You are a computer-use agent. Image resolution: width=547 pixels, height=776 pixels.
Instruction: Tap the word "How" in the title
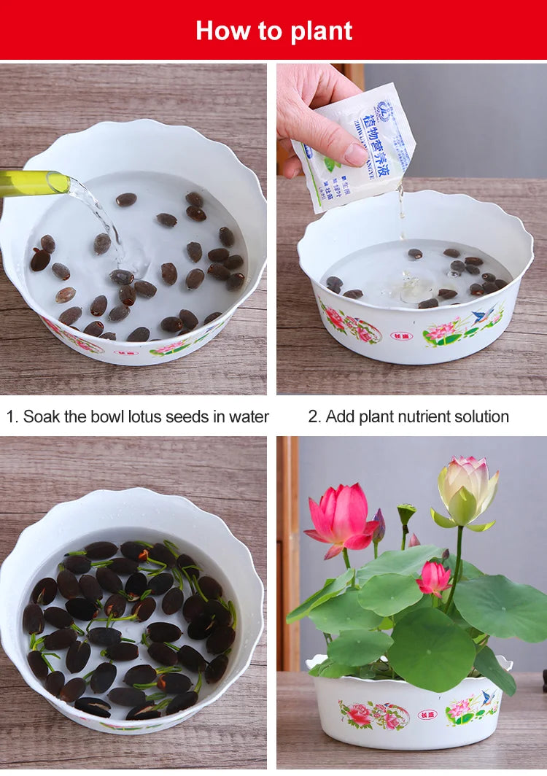pos(219,31)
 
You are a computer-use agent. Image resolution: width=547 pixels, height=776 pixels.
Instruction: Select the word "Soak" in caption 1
pos(40,416)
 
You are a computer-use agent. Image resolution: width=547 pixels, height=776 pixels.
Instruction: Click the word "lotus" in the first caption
pos(148,416)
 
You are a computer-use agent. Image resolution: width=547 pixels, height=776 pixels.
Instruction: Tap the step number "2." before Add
pos(314,416)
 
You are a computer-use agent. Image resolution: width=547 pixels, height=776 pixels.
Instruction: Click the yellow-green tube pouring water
pos(33,182)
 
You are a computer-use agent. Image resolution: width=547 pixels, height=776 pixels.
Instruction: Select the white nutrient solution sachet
pos(357,146)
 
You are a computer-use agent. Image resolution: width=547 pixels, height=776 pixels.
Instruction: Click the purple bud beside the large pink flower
pos(379,527)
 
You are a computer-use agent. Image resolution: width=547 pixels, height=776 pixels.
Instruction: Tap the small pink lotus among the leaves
pos(434,578)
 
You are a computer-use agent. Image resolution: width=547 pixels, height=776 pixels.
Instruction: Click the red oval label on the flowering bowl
pos(427,714)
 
